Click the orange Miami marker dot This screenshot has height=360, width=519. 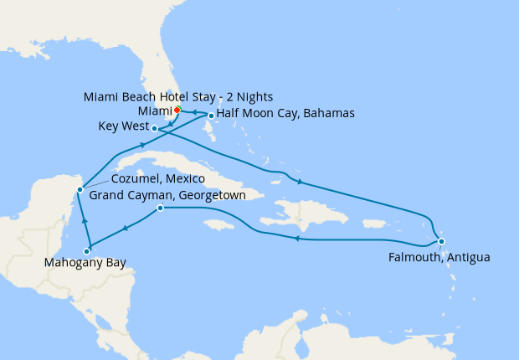pyautogui.click(x=177, y=110)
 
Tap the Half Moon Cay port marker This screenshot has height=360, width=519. pyautogui.click(x=211, y=116)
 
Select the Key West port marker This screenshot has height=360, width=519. pyautogui.click(x=156, y=128)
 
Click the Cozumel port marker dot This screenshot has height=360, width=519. pyautogui.click(x=80, y=189)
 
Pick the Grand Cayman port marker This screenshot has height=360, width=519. pyautogui.click(x=160, y=208)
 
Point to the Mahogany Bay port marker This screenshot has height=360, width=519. pyautogui.click(x=87, y=250)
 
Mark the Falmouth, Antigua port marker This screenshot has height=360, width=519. pyautogui.click(x=441, y=241)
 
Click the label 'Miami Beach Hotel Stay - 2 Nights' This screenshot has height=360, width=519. pyautogui.click(x=178, y=96)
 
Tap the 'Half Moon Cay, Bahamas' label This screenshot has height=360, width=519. pyautogui.click(x=286, y=113)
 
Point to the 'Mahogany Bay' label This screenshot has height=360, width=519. pyautogui.click(x=87, y=264)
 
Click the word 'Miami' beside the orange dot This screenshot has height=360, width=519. pyautogui.click(x=152, y=111)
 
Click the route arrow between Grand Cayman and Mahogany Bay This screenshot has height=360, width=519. pyautogui.click(x=125, y=228)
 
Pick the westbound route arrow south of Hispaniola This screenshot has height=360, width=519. pyautogui.click(x=295, y=239)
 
